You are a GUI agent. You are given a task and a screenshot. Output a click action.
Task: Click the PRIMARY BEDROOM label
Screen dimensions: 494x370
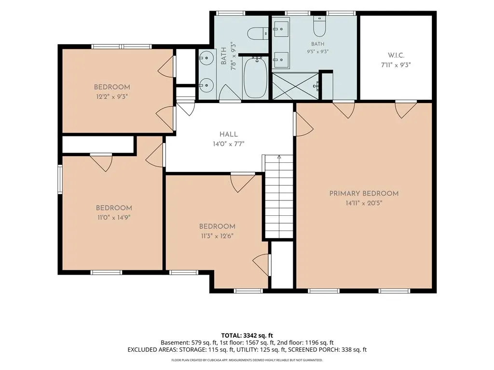point(364,194)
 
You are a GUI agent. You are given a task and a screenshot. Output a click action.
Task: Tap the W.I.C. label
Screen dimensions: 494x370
point(396,55)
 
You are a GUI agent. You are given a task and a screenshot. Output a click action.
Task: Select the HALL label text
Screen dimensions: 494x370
point(229,134)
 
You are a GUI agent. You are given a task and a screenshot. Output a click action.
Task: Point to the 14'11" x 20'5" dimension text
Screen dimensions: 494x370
point(364,203)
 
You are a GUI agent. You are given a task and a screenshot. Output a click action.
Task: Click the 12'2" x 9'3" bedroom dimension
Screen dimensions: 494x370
point(112,96)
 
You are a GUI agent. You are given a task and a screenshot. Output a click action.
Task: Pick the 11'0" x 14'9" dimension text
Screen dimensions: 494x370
point(114,217)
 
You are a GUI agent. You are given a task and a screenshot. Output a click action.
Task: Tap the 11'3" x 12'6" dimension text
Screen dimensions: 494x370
point(217,236)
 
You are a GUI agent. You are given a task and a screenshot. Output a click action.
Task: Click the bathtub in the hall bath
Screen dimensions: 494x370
point(256,78)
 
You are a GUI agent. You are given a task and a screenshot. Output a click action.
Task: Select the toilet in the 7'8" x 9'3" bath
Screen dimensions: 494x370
point(258,33)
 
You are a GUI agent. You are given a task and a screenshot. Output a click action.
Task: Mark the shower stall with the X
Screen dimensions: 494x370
point(296,86)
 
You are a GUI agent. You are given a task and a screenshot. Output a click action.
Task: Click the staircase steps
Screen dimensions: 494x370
point(279,197)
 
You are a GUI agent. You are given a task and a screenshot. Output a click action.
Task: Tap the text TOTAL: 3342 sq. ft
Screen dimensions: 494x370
point(247,335)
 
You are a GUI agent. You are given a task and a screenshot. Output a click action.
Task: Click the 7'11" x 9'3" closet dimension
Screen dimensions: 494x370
point(396,65)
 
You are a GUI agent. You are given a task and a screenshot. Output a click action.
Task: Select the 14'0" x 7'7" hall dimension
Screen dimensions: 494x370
point(229,144)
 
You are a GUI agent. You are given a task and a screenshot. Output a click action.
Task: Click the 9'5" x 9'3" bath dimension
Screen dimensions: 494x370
point(317,51)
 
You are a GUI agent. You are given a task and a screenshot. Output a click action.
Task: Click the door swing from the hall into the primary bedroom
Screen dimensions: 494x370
point(304,124)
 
